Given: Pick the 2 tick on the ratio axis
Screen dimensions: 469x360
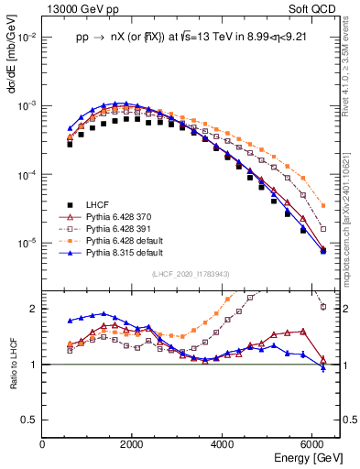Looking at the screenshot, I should [x=35, y=309].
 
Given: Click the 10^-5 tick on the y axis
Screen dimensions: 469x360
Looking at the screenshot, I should [x=27, y=243].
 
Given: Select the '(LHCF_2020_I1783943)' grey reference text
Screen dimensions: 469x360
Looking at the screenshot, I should [x=191, y=274].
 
